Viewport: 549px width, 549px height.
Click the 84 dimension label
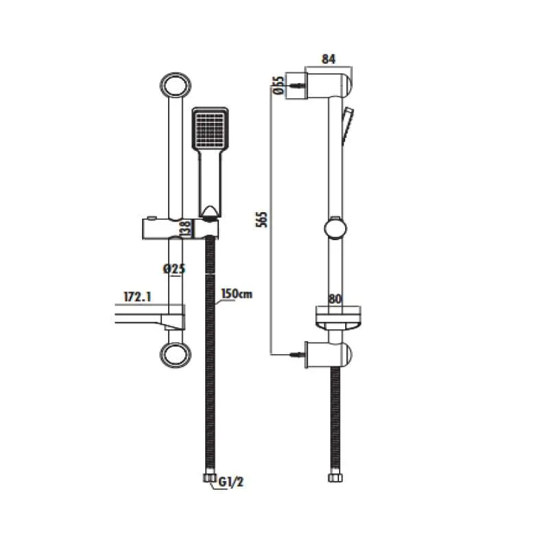329,59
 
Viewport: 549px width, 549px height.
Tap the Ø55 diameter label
279,85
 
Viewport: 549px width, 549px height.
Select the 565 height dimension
261,220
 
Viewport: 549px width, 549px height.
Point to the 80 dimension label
335,299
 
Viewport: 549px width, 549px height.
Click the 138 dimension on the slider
185,229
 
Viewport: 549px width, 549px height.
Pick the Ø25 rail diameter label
174,269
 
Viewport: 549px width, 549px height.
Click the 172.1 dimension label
137,297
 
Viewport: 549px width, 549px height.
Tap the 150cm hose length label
237,294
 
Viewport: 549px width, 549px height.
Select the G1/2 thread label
231,482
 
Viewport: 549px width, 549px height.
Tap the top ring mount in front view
176,86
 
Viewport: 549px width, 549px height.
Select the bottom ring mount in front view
176,355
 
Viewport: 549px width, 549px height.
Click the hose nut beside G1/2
210,478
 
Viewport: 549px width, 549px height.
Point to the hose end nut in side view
335,478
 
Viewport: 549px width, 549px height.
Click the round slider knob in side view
336,229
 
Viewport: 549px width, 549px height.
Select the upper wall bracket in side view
319,86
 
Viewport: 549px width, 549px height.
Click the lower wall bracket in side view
329,355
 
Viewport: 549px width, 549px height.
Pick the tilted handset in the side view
347,126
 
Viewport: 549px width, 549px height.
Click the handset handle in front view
210,182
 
